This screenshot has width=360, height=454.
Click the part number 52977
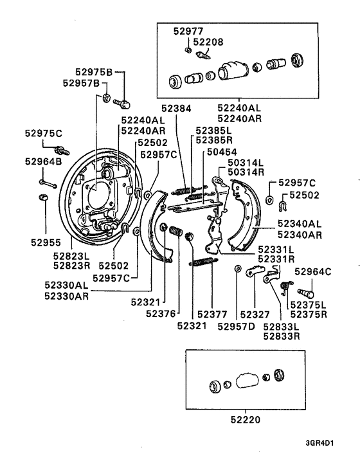(187, 30)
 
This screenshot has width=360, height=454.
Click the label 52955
(45, 244)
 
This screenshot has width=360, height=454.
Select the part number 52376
(160, 314)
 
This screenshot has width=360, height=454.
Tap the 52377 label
(212, 314)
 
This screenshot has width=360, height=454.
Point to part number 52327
(255, 314)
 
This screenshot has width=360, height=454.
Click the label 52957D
(236, 326)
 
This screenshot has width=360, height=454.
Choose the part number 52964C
(312, 271)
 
